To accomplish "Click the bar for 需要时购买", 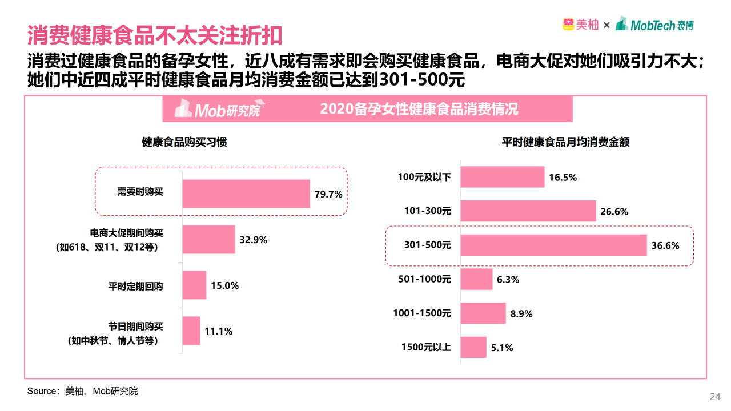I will pyautogui.click(x=246, y=194).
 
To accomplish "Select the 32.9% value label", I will pyautogui.click(x=254, y=240).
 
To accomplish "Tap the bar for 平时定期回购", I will pyautogui.click(x=194, y=285).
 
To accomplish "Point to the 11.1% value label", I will pyautogui.click(x=219, y=331).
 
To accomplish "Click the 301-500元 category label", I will pyautogui.click(x=428, y=245).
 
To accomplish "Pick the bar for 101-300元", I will pyautogui.click(x=528, y=211).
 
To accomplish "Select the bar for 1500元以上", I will pyautogui.click(x=473, y=347).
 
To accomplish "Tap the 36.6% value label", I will pyautogui.click(x=665, y=246).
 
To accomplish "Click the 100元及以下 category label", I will pyautogui.click(x=424, y=177).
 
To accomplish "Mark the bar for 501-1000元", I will pyautogui.click(x=476, y=279).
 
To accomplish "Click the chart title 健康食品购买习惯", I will pyautogui.click(x=184, y=142).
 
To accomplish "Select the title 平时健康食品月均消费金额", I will pyautogui.click(x=565, y=142).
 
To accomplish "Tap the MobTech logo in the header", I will pyautogui.click(x=655, y=25).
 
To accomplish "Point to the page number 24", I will pyautogui.click(x=714, y=397).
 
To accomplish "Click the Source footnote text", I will pyautogui.click(x=83, y=392).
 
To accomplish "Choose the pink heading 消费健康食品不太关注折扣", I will pyautogui.click(x=155, y=35).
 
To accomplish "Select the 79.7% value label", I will pyautogui.click(x=328, y=194).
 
